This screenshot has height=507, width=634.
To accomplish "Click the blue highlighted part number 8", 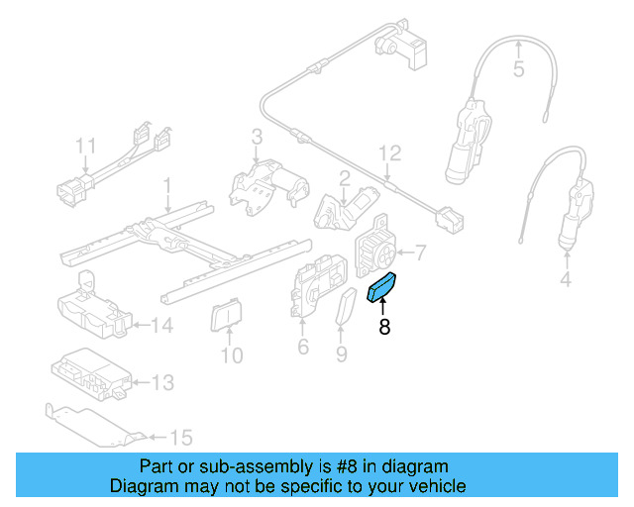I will [x=381, y=287].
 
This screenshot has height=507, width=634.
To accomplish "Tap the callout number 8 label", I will [x=383, y=327].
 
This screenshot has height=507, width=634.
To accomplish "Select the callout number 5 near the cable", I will [x=518, y=69].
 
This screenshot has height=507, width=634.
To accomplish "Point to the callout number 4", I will [x=566, y=280].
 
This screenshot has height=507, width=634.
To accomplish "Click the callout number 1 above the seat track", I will [x=167, y=185].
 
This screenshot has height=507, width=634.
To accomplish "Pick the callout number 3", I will [x=256, y=137].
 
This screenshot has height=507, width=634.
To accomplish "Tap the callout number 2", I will [x=345, y=178].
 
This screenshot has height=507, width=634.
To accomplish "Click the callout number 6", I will [x=303, y=347].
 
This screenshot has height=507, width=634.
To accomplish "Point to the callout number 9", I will [x=341, y=353].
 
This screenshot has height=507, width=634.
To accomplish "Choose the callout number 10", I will [x=230, y=354].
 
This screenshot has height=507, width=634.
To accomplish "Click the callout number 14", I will [x=161, y=324].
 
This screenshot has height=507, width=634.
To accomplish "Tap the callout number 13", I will [x=161, y=382].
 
